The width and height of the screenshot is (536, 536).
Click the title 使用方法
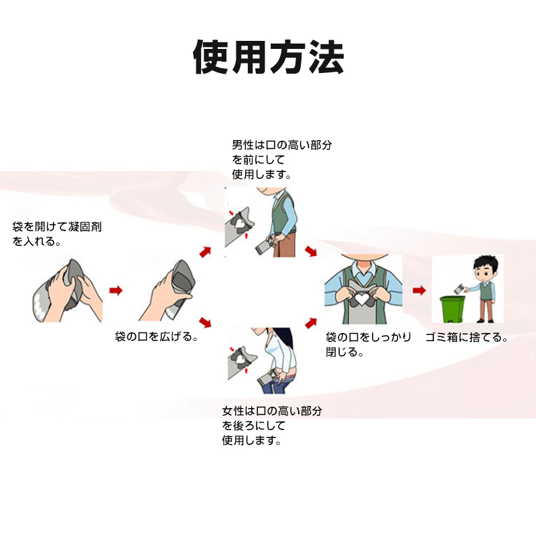tap(269, 57)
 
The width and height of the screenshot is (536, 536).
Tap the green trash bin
tap(452, 309)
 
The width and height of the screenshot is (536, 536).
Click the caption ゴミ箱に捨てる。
tap(466, 338)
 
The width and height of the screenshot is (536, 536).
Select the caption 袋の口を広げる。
tap(157, 337)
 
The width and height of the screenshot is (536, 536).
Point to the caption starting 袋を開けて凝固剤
tap(57, 234)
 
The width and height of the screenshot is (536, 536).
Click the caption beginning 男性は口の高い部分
tap(281, 159)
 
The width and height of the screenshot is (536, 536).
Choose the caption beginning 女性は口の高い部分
tap(272, 425)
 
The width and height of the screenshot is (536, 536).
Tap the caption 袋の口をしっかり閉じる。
tap(368, 344)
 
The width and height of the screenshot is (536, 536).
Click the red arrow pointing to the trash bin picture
tap(419, 291)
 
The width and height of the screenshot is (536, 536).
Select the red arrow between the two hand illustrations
tap(116, 291)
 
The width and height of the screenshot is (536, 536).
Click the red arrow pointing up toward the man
tap(205, 252)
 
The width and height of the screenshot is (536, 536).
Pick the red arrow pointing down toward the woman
tap(205, 322)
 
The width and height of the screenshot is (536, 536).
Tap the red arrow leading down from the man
tap(311, 251)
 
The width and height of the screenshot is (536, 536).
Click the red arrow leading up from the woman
tap(311, 323)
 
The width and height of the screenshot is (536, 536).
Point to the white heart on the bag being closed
tap(361, 299)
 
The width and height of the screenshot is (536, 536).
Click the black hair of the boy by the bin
tap(485, 263)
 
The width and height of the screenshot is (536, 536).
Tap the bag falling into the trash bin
tap(459, 289)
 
